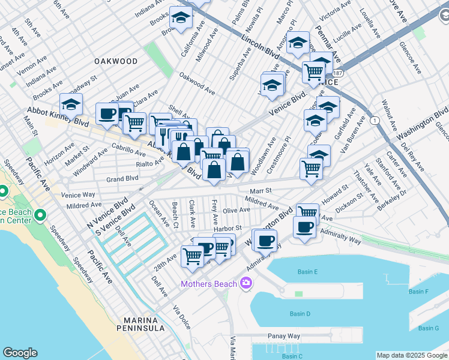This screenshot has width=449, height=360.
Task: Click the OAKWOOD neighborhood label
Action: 115,61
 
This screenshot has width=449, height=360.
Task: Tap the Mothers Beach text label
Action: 210,283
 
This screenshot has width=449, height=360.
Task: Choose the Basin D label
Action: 300,314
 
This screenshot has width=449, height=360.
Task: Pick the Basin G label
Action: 429,328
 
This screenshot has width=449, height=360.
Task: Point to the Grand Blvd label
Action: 122,178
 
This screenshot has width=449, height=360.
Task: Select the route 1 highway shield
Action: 375,121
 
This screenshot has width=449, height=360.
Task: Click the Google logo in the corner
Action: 20,353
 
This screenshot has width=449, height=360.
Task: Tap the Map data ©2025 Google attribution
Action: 411,355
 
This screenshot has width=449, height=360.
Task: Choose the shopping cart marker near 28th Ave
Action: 192,256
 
